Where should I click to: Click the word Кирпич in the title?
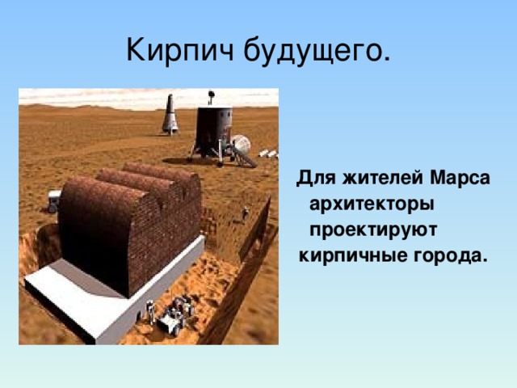coord(180,50)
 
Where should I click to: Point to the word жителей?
coord(382,179)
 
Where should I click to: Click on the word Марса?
coord(460,178)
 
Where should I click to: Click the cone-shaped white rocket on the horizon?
coord(170,114)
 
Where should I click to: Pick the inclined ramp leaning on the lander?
coord(244,157)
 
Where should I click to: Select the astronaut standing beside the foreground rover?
coord(151,312)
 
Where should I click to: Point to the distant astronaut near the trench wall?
coord(245,213)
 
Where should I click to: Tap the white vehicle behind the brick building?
coord(54,201)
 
